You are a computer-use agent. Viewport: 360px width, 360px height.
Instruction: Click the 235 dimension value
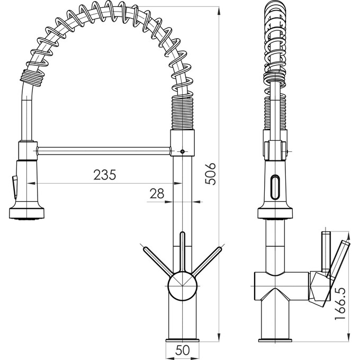coord(104,174)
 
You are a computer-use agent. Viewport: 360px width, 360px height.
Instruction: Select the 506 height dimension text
coord(210,173)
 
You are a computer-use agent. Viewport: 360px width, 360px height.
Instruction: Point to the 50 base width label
coord(183,350)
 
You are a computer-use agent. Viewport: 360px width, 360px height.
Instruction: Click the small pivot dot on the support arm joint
coord(182,152)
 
